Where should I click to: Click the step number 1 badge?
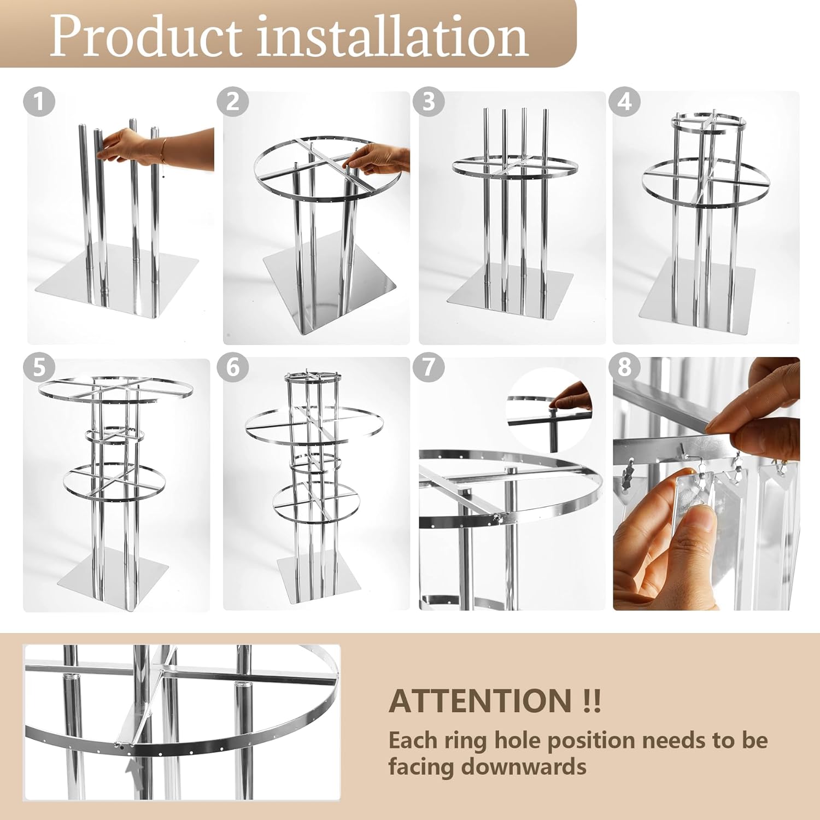(x=39, y=101)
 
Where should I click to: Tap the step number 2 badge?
(x=233, y=102)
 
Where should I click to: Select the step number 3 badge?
(x=429, y=102)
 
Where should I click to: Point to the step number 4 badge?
(x=625, y=102)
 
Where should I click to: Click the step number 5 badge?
(x=39, y=367)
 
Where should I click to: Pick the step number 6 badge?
(x=233, y=367)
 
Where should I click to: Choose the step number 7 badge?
(x=429, y=367)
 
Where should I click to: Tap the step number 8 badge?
(x=625, y=367)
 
